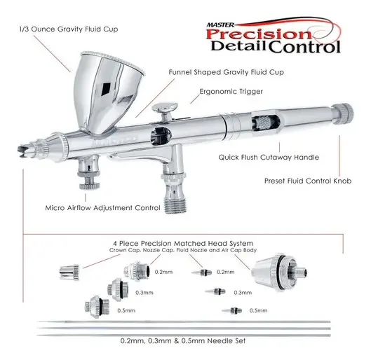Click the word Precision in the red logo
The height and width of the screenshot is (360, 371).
(x=259, y=34)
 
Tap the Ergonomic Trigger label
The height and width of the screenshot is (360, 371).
(x=231, y=92)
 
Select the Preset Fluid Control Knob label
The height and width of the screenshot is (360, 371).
(x=308, y=181)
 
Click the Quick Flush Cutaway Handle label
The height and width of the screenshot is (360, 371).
(x=269, y=158)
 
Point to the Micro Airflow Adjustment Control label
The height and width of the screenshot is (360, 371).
(x=102, y=208)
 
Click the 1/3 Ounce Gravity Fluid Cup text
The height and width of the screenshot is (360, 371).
(x=69, y=29)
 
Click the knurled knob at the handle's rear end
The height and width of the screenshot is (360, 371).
(x=342, y=114)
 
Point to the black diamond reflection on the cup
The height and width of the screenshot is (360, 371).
(x=105, y=90)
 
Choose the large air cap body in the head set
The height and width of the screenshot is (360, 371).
(x=279, y=272)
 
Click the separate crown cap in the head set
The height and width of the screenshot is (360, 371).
(x=69, y=272)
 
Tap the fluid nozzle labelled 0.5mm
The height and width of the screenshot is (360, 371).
(x=232, y=310)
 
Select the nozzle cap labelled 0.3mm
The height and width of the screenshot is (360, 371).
(x=119, y=289)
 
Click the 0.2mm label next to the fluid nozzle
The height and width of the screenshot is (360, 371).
(x=226, y=272)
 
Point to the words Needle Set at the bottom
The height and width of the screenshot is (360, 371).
(x=227, y=341)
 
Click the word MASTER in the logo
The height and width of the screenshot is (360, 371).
(x=220, y=25)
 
